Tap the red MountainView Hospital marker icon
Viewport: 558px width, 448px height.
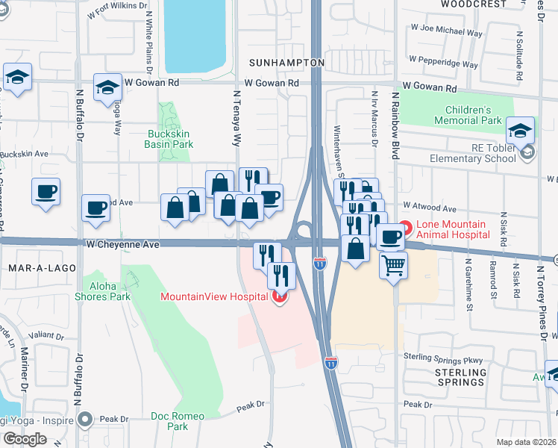point(280,297)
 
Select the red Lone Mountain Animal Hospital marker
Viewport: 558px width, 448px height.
point(405,226)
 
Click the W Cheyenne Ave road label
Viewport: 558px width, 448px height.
point(123,244)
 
